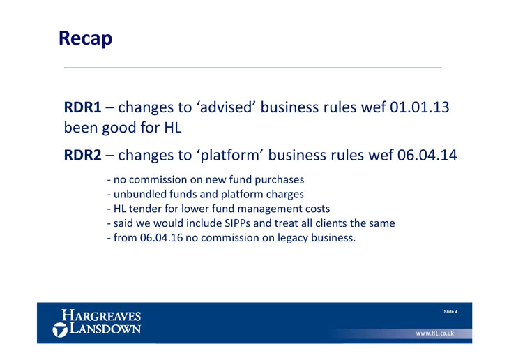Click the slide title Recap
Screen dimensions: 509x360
point(85,38)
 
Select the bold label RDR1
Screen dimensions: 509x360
point(82,107)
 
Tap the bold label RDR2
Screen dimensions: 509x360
point(82,155)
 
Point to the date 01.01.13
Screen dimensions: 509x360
point(420,107)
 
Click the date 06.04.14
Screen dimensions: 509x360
point(427,155)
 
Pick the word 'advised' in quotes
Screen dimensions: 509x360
point(226,107)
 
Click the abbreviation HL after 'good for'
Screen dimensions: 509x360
point(172,128)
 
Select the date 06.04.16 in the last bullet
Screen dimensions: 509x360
point(161,238)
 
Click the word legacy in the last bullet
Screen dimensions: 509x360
point(292,239)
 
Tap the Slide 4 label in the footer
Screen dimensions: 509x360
point(450,312)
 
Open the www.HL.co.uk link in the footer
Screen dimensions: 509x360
point(435,333)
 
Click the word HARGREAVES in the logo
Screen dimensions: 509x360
point(101,315)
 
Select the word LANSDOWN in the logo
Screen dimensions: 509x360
point(105,328)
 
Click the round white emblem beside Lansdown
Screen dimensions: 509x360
point(60,330)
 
